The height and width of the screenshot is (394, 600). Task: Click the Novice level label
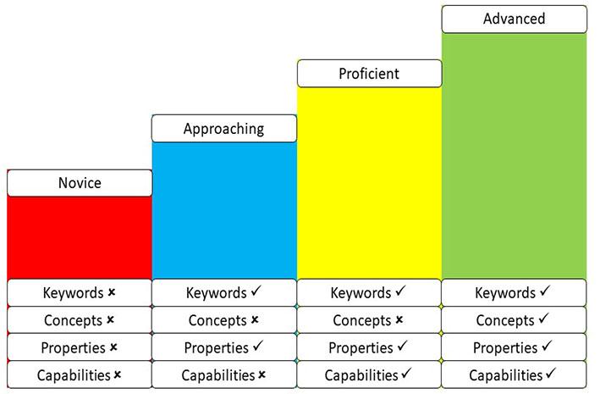[80, 183]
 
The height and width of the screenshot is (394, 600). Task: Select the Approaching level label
[224, 129]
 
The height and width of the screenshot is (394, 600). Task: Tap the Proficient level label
[369, 74]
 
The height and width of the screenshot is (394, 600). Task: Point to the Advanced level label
[514, 19]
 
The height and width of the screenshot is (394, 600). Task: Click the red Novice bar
[80, 237]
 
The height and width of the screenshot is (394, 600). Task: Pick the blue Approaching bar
[224, 209]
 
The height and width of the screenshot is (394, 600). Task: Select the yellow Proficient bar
[369, 182]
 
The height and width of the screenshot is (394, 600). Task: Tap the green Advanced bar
[514, 155]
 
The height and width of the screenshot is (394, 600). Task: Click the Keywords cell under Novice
[80, 293]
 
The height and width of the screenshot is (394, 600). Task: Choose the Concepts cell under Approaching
[224, 320]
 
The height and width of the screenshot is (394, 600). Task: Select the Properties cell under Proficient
[369, 347]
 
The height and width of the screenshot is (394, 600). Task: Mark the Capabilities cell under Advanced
[514, 375]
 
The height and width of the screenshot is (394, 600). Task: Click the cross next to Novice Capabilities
[118, 375]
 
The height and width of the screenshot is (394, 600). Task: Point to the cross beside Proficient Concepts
[399, 320]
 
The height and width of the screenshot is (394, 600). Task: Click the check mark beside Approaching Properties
[256, 347]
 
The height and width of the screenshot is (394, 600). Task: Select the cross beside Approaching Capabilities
[262, 375]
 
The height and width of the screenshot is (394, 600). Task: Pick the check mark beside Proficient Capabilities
[407, 374]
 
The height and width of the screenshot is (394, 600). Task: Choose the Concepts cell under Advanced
[514, 320]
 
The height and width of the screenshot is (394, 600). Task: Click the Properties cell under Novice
[80, 347]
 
